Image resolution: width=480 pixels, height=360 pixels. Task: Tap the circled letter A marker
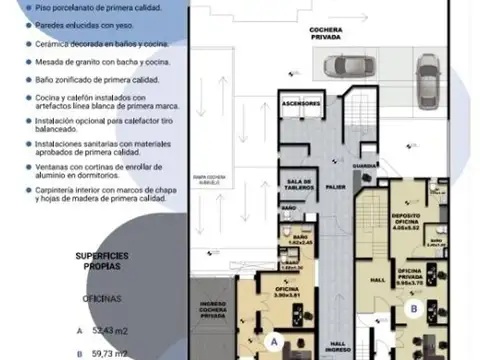click(272, 340)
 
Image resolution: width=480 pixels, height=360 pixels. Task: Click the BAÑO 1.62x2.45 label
click(290, 240)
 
